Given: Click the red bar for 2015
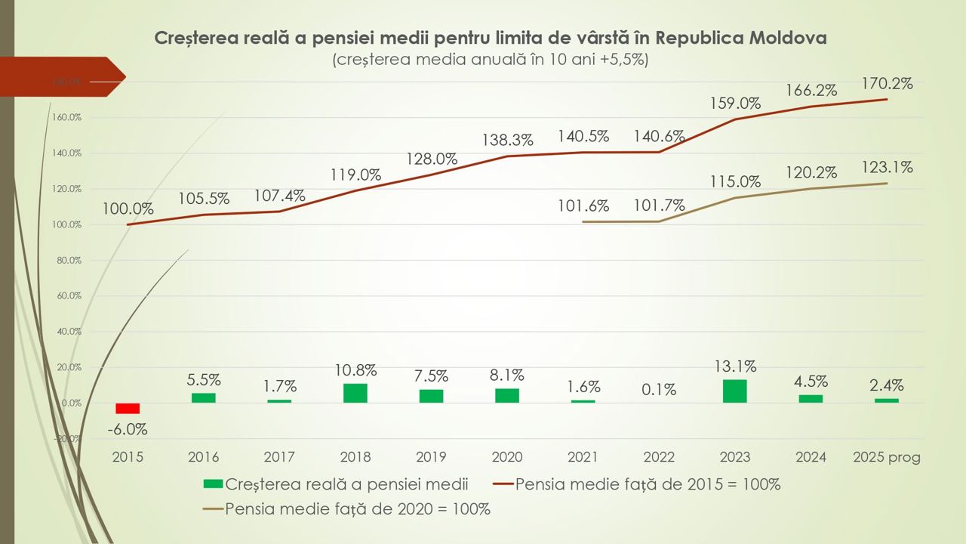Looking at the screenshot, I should tap(128, 408).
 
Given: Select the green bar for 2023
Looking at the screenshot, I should tap(735, 391).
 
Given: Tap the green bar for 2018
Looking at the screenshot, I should tap(355, 393).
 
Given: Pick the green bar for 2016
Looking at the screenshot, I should tap(204, 397).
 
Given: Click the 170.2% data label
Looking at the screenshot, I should tap(888, 84).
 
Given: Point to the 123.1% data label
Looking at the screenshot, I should tap(888, 168).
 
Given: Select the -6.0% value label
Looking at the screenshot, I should tap(127, 429).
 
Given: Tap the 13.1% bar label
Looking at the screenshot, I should tap(735, 366).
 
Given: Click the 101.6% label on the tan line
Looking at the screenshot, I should tap(583, 206).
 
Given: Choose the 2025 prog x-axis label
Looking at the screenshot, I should tap(887, 457).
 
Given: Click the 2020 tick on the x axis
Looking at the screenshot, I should tap(507, 457).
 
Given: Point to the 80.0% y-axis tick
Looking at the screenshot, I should tap(68, 261).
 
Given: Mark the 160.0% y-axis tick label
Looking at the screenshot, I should tap(66, 118).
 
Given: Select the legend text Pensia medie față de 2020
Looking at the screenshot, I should tap(358, 509).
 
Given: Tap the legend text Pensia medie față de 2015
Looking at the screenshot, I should tap(648, 484).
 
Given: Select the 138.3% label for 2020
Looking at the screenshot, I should tap(507, 140).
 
